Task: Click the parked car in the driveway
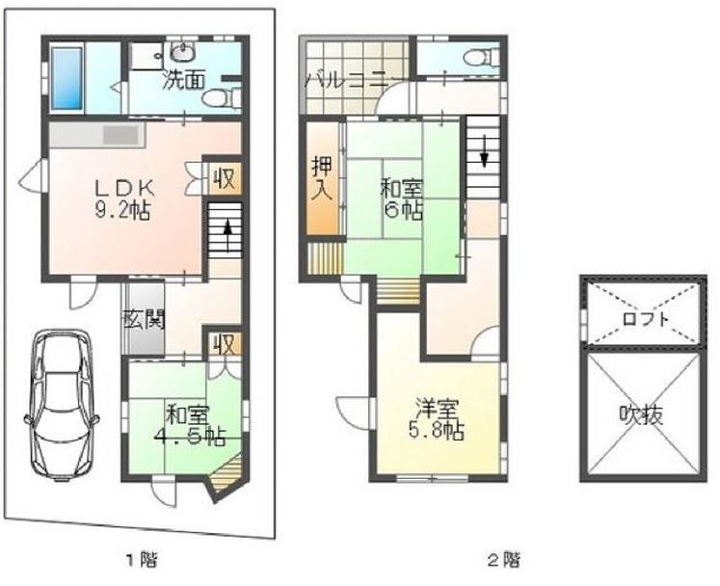[x=62, y=405]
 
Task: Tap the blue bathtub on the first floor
[x=67, y=78]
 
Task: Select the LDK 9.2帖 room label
[x=123, y=200]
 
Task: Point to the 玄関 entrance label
[x=145, y=320]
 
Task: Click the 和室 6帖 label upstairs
[x=401, y=200]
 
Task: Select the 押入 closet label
[x=322, y=178]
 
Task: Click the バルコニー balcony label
[x=349, y=82]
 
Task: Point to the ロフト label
[x=643, y=318]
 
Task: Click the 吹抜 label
[x=642, y=415]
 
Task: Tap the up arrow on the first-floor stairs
[x=227, y=233]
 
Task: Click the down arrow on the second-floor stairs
[x=484, y=151]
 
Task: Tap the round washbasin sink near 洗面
[x=184, y=52]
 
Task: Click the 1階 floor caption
[x=142, y=560]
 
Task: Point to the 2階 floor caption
[x=504, y=560]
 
